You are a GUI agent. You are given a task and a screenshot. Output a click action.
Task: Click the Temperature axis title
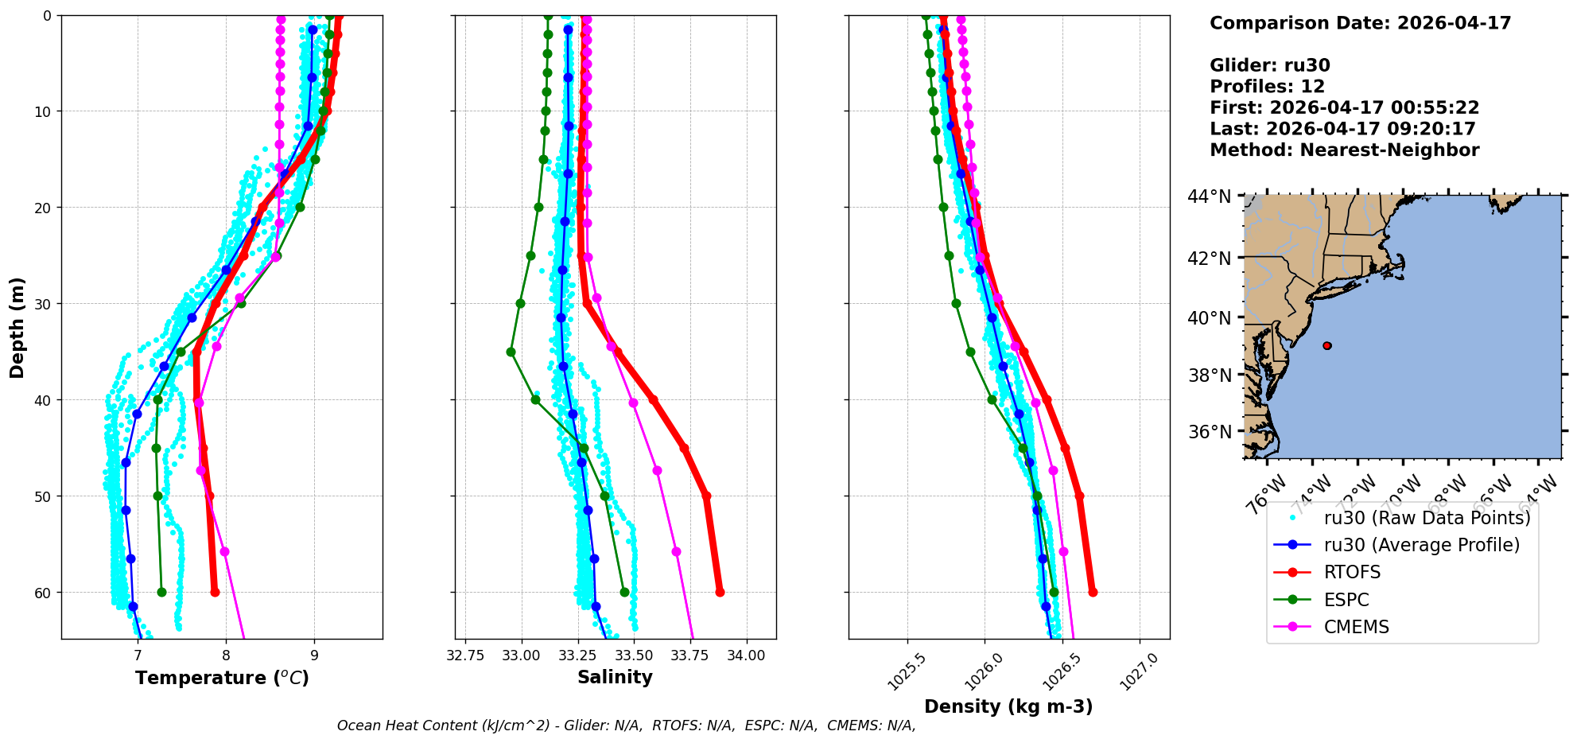coord(222,678)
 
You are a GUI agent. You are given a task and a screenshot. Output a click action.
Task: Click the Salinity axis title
coord(615,677)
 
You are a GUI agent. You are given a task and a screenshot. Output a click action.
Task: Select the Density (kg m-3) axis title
coord(1008,706)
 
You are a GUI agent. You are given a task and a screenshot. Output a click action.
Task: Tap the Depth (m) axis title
coord(17,327)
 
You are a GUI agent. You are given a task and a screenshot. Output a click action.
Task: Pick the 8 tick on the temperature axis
coord(226,655)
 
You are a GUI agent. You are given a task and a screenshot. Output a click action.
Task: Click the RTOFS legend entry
coord(1352,572)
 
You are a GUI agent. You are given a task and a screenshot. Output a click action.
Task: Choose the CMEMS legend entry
coord(1356,627)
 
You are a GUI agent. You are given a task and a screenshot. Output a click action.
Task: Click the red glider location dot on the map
coord(1327,345)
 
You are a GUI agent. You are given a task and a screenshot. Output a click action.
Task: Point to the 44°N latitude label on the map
coord(1209,196)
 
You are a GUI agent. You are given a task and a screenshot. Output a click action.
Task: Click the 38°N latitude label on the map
coord(1209,375)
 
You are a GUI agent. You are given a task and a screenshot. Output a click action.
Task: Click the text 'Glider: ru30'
coord(1269,65)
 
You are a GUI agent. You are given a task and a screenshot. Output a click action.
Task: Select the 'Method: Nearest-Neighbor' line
coord(1344,150)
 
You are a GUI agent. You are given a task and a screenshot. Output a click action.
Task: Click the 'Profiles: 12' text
coord(1267,87)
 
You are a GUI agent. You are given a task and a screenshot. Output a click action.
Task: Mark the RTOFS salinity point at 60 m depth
coord(720,592)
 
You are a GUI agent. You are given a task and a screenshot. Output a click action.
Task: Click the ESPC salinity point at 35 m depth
coord(511,352)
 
